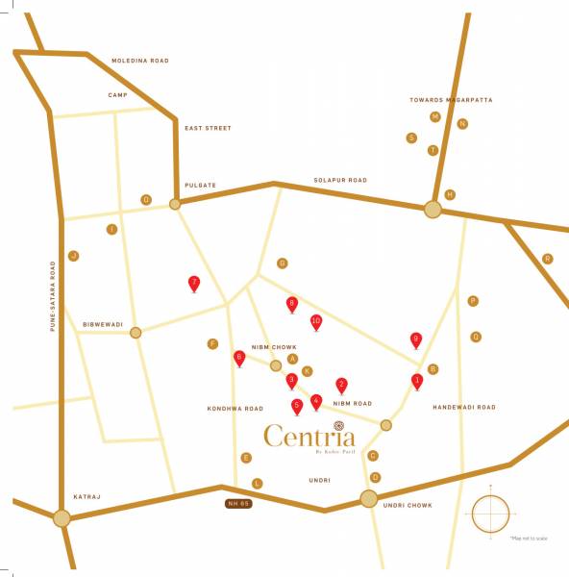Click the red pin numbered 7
point(194,284)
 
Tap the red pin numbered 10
point(316,322)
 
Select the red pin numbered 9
point(416,339)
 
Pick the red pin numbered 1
point(417,381)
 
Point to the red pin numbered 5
point(297,406)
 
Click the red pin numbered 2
point(341,385)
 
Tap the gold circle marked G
point(282,263)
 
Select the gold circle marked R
point(548,259)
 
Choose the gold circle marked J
point(72,256)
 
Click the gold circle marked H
point(449,194)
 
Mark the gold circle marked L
point(257,483)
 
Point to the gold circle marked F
point(212,343)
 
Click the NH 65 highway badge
point(237,504)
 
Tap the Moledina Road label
point(140,61)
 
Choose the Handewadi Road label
point(464,408)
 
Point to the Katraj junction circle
point(62,518)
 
